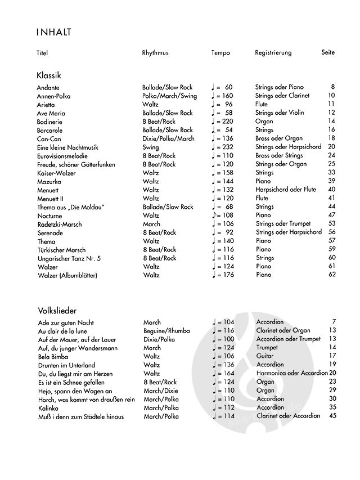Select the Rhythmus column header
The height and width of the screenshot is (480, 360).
(155, 53)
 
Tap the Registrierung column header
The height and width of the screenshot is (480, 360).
(273, 53)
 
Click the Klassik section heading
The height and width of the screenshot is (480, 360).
(49, 75)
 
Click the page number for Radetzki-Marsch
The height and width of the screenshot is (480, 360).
(331, 224)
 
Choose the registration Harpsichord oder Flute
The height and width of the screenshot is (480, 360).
(286, 190)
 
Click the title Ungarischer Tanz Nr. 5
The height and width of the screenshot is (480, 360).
(68, 258)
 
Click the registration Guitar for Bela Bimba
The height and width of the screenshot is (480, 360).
(265, 356)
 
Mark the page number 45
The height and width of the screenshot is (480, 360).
(332, 416)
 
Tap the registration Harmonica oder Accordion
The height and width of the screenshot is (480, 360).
(292, 373)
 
